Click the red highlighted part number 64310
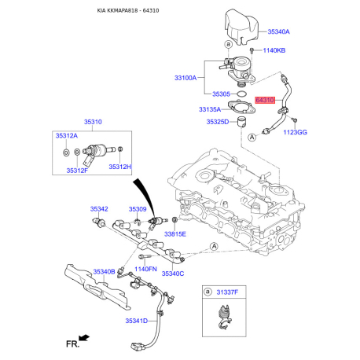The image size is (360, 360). (265, 100)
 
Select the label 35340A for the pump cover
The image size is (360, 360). (278, 31)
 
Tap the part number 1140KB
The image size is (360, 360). (274, 50)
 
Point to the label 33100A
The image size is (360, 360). (186, 78)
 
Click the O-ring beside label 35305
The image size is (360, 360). (241, 94)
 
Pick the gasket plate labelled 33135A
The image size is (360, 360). (241, 108)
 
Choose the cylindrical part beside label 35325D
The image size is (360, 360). (242, 122)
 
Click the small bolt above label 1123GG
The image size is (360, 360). (294, 119)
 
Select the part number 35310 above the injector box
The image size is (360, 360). (93, 122)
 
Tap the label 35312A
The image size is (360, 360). (67, 136)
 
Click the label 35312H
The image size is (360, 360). (120, 167)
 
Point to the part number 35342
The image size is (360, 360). (99, 209)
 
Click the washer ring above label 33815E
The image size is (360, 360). (174, 219)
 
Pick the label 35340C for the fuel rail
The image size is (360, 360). (173, 274)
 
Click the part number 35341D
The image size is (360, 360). (136, 321)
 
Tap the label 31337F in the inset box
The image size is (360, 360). (227, 292)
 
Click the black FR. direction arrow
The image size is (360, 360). (84, 338)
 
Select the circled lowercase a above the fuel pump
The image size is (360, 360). (229, 44)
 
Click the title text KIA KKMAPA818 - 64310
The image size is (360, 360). (128, 10)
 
